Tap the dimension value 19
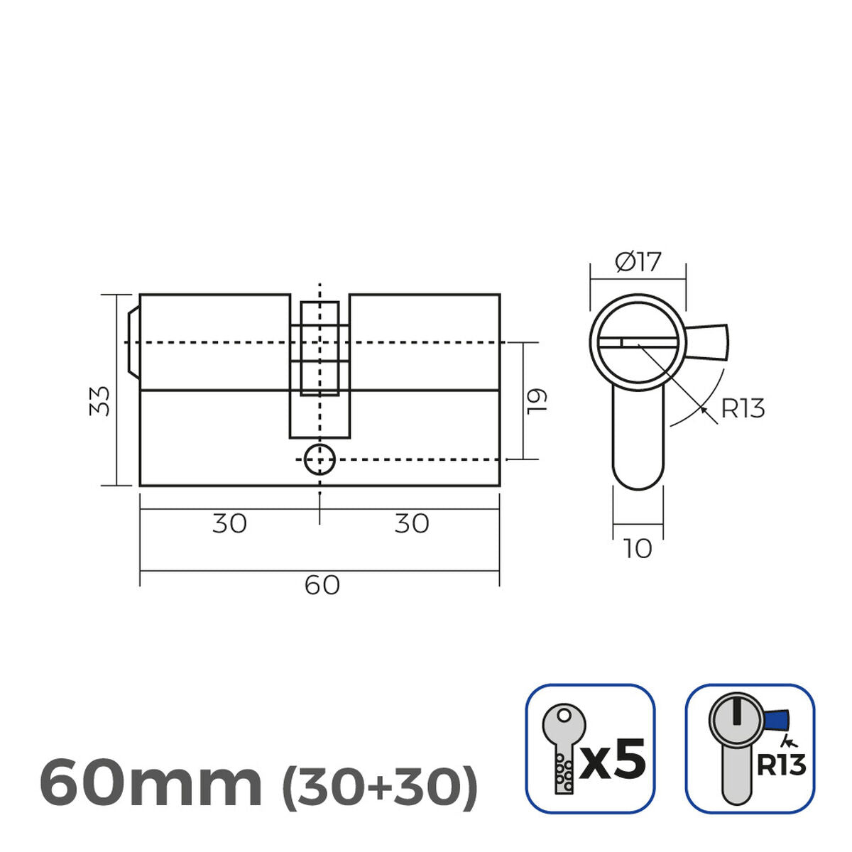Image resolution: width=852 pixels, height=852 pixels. point(538,401)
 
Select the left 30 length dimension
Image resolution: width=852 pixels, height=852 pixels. point(229,524)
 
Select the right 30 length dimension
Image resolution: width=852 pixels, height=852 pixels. point(412,524)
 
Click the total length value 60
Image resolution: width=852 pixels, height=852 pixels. point(322,586)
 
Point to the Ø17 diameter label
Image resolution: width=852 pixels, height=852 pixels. point(638,263)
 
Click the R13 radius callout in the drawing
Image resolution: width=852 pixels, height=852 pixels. point(743,409)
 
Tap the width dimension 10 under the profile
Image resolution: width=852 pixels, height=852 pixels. point(638,549)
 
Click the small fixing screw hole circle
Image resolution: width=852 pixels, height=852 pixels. point(319,460)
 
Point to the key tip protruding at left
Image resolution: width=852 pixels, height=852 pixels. point(133,342)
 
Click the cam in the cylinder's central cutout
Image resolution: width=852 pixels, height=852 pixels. point(319,348)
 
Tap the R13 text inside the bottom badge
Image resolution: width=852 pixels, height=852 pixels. point(781,765)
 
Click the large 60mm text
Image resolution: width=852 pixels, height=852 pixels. point(151,783)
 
